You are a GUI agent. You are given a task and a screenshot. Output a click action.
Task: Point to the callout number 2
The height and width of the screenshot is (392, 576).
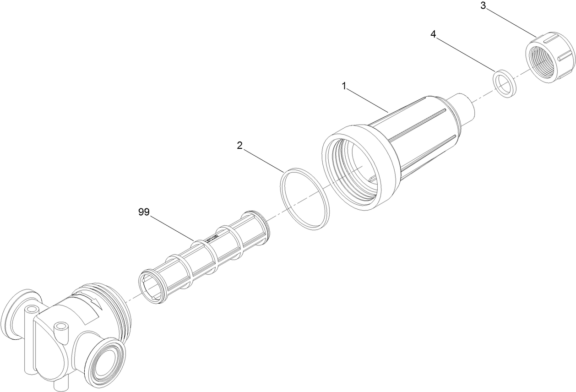(239, 145)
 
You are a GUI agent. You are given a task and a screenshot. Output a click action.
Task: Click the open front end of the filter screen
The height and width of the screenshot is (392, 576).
(152, 288)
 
